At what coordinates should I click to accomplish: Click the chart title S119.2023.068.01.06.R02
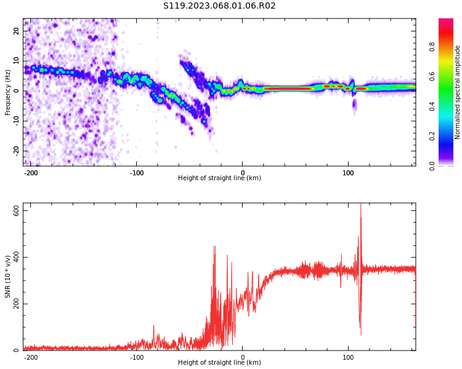click(219, 6)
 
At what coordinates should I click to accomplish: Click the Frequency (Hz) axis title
click(8, 92)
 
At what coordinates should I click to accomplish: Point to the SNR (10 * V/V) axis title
click(8, 276)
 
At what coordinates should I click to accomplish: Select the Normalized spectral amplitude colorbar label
click(458, 92)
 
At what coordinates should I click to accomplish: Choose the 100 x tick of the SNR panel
click(348, 357)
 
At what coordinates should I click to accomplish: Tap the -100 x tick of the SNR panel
click(137, 357)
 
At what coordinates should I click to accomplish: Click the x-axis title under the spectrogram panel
click(219, 178)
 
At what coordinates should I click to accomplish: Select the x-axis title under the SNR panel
click(219, 363)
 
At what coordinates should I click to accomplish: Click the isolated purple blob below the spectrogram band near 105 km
click(354, 105)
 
